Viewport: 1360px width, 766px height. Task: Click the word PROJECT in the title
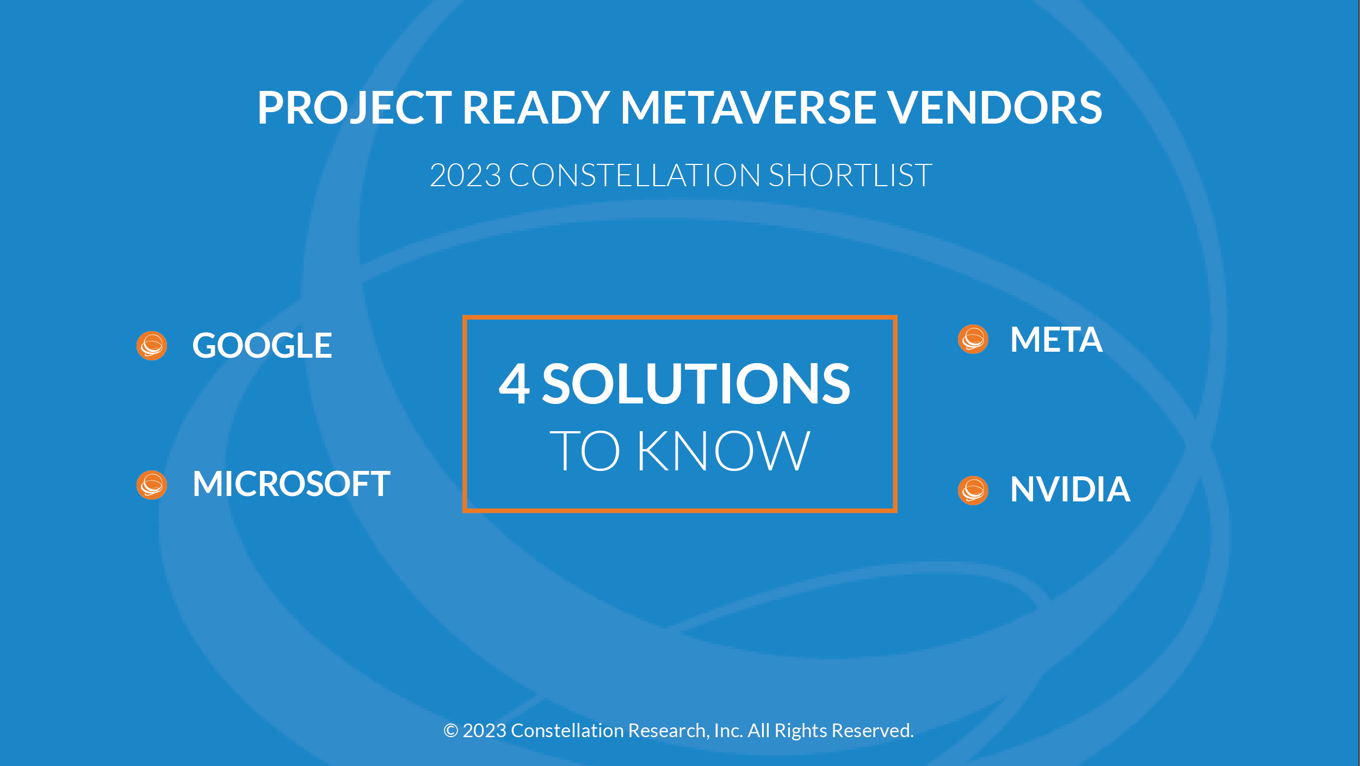click(355, 108)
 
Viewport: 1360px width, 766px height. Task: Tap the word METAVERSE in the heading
click(748, 107)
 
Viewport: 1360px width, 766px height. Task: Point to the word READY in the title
click(536, 107)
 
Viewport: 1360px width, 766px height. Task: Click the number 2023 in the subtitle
click(466, 175)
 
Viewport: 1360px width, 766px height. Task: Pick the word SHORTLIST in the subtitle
click(850, 175)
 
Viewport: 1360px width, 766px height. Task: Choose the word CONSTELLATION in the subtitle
click(634, 175)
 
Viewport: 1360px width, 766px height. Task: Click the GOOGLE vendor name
click(262, 345)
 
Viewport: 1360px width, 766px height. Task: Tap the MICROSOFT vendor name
click(292, 483)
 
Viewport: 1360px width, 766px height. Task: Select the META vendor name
click(1056, 339)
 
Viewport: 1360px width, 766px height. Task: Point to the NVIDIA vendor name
click(1071, 489)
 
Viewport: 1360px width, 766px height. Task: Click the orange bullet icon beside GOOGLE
click(152, 346)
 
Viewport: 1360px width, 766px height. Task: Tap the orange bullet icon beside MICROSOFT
click(152, 485)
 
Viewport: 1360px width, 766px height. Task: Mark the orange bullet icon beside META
click(973, 339)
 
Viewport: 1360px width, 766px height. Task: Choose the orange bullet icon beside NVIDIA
click(973, 490)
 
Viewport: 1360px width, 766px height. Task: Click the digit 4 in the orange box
click(514, 383)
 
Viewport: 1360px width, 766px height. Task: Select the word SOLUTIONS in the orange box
click(696, 383)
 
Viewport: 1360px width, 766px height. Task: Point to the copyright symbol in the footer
click(451, 731)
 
